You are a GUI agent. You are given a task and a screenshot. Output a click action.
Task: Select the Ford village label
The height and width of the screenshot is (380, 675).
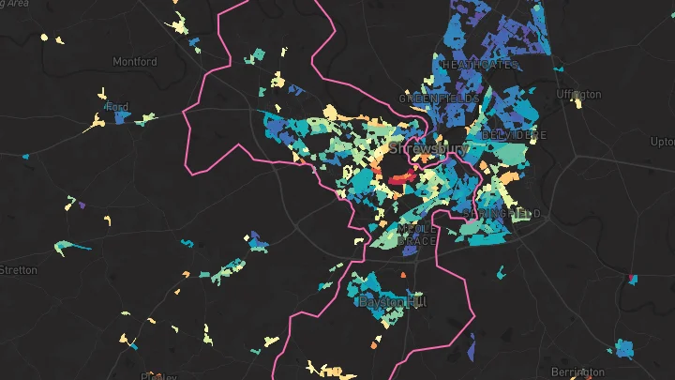[117, 107]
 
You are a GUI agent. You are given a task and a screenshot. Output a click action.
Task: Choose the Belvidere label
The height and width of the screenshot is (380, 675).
[513, 135]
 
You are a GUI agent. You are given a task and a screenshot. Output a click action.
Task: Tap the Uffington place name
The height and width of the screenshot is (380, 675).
[577, 95]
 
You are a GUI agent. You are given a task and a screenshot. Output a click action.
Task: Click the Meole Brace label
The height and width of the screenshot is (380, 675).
[417, 236]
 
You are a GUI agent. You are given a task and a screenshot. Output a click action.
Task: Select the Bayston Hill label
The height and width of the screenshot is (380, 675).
[391, 301]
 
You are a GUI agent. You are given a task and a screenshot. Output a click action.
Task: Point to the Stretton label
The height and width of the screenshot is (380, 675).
[17, 270]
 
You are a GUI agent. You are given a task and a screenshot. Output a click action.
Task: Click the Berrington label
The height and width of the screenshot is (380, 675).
[578, 372]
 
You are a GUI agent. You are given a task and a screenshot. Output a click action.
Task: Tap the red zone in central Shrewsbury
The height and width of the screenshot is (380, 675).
[399, 176]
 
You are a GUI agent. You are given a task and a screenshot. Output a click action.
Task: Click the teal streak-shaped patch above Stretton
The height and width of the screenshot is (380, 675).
[72, 247]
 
